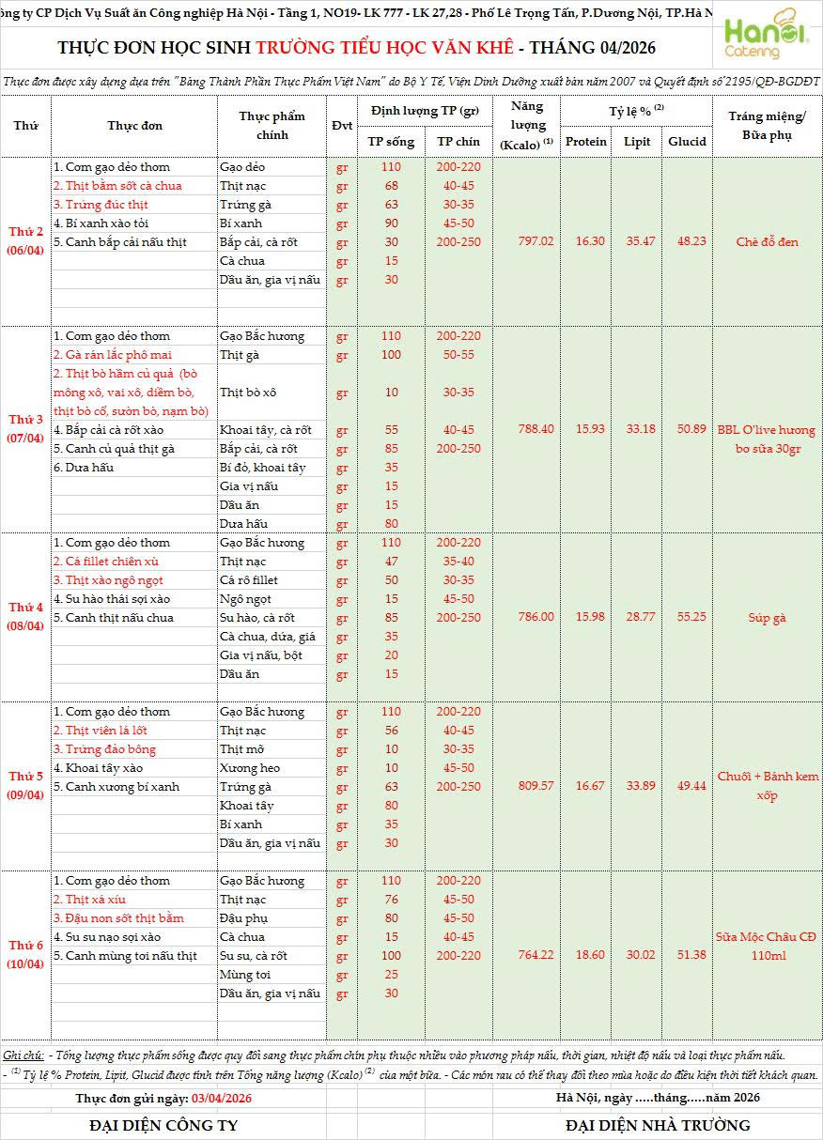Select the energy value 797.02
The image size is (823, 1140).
[536, 241]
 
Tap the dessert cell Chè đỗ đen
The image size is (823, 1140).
[767, 241]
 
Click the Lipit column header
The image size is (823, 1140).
[636, 142]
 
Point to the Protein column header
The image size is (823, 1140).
[586, 142]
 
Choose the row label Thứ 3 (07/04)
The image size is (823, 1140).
[26, 428]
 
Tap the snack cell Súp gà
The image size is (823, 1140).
[767, 617]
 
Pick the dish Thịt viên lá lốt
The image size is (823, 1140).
[101, 731]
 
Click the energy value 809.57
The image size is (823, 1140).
[536, 786]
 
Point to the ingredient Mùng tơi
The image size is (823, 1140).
[245, 975]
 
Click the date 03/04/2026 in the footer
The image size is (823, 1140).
[222, 1098]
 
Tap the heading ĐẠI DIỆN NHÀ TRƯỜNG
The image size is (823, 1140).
[658, 1125]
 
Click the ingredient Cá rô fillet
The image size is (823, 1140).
[249, 580]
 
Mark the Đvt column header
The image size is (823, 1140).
[342, 126]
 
